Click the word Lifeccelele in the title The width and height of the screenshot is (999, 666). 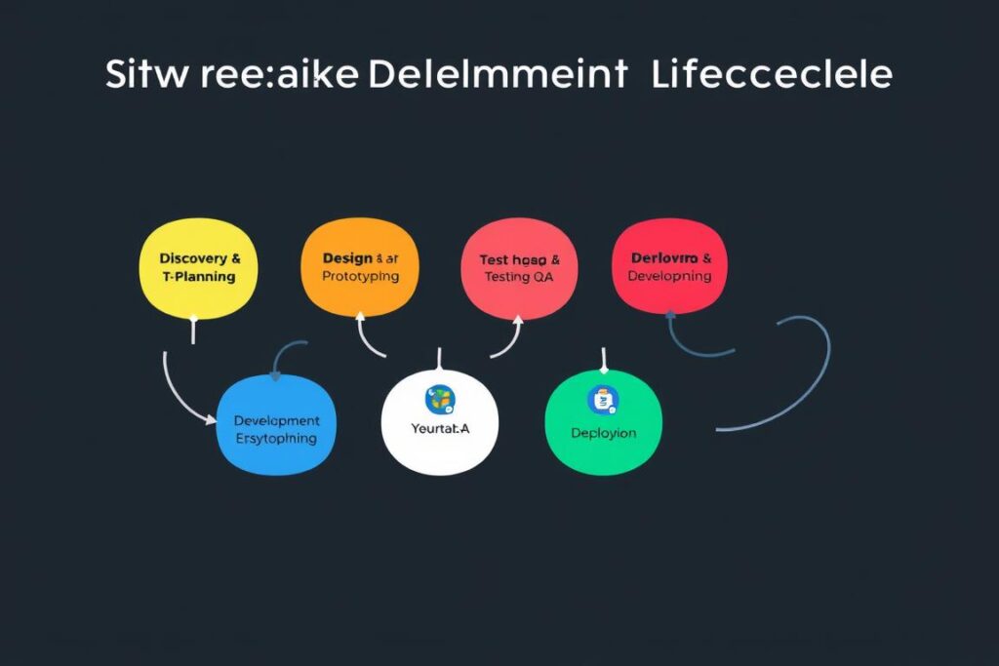[771, 75]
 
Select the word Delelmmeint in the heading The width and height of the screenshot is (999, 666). [498, 75]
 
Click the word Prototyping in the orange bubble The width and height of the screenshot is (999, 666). [360, 277]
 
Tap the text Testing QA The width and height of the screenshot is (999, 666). [520, 277]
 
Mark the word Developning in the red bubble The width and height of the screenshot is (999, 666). [669, 276]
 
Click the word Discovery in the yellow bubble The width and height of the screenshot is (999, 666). [193, 259]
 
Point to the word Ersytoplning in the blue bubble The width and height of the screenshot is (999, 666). [276, 439]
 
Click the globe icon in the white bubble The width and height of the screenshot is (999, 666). [440, 398]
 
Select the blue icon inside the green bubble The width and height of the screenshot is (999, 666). [603, 398]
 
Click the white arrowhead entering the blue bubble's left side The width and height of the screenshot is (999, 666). [213, 420]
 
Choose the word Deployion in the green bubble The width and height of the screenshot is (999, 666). [603, 433]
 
